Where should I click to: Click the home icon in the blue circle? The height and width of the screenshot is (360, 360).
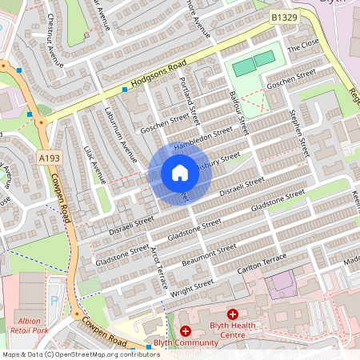(180, 173)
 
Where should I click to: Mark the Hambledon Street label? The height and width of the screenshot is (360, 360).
(206, 138)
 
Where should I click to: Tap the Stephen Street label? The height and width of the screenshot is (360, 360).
(298, 132)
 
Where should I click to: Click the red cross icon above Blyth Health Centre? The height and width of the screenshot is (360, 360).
(233, 314)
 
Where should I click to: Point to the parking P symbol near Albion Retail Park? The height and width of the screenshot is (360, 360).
(54, 301)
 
